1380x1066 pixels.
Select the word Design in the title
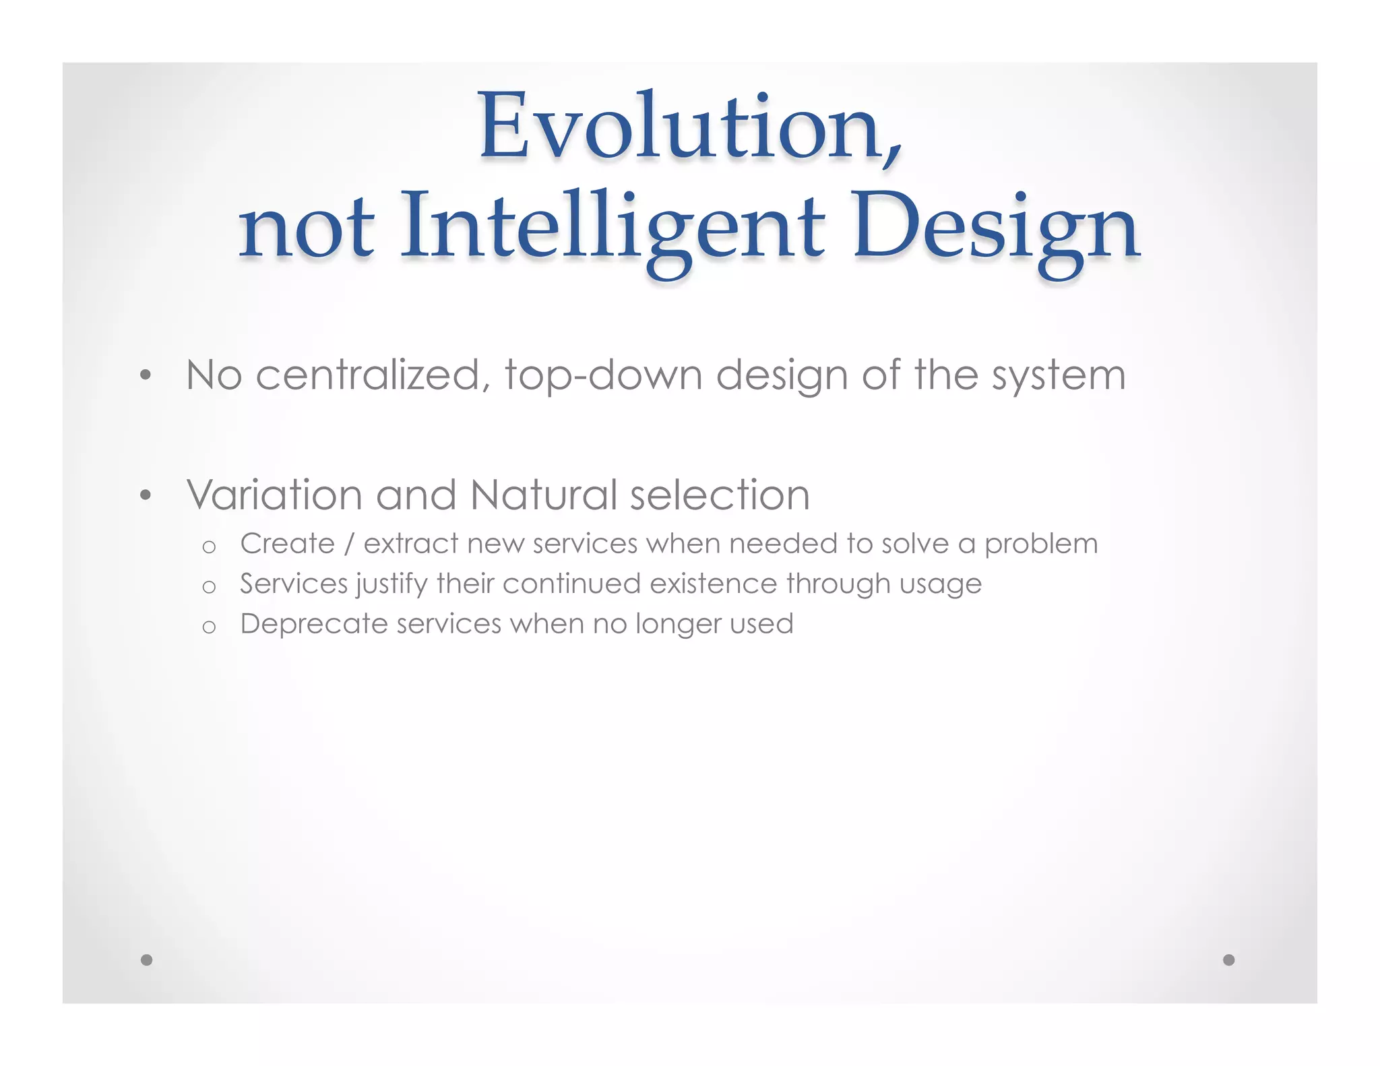[996, 229]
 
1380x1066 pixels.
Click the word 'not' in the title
[307, 229]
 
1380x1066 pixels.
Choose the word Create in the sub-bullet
[287, 544]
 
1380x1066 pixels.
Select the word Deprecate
[313, 625]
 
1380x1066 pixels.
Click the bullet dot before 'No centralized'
[146, 375]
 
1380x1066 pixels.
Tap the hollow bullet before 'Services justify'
[209, 587]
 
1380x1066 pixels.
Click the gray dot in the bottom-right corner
[1228, 960]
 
